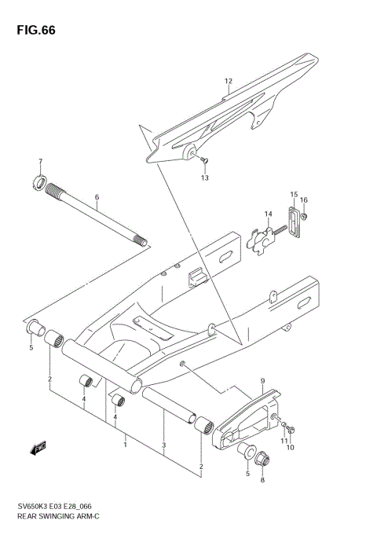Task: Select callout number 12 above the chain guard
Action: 229,81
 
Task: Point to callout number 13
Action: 205,178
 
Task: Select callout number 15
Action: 294,194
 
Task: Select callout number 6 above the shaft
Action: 97,197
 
